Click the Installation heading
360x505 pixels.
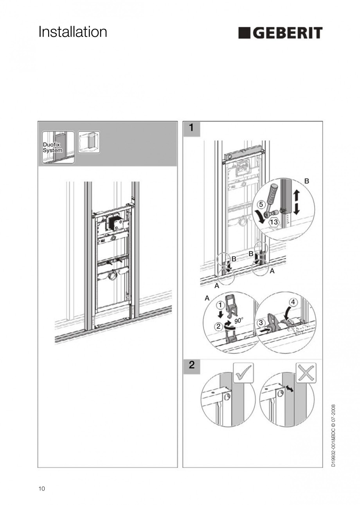click(73, 32)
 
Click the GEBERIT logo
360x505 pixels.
click(280, 33)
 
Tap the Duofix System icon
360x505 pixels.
click(58, 147)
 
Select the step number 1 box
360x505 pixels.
click(191, 128)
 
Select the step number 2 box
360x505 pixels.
click(191, 366)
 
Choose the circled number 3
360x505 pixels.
click(261, 323)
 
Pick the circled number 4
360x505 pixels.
click(293, 302)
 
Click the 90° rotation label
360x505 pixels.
click(239, 321)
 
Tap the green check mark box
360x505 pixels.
click(243, 372)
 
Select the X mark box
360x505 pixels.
click(306, 372)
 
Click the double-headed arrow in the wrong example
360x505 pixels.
click(290, 389)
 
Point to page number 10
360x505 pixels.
click(42, 488)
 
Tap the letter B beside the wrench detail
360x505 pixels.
click(306, 181)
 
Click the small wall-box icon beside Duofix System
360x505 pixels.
click(89, 142)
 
